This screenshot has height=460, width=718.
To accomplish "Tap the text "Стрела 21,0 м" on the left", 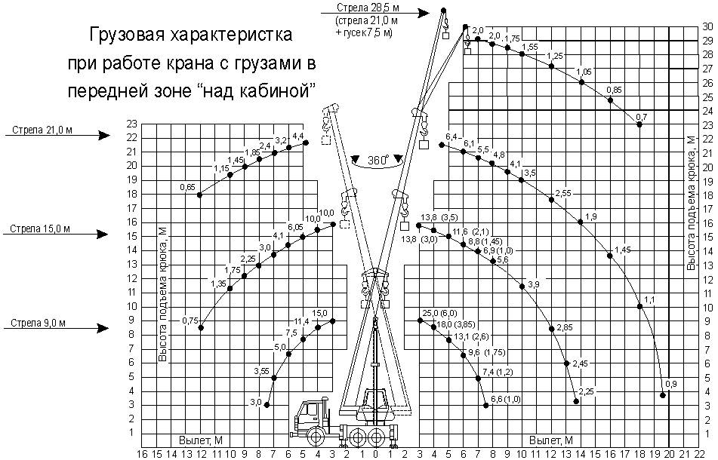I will click(42, 130).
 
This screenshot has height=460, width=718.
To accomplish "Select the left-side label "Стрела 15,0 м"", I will click(42, 228).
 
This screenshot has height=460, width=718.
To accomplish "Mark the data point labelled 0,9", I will click(663, 394).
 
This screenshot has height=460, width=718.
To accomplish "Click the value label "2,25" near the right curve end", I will click(587, 390).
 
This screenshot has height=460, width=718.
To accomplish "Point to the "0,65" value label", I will click(188, 186).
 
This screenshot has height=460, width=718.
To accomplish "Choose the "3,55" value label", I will click(261, 370).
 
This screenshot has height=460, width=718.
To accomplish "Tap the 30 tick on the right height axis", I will click(707, 26).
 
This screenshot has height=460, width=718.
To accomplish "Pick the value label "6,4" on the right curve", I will click(452, 136).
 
